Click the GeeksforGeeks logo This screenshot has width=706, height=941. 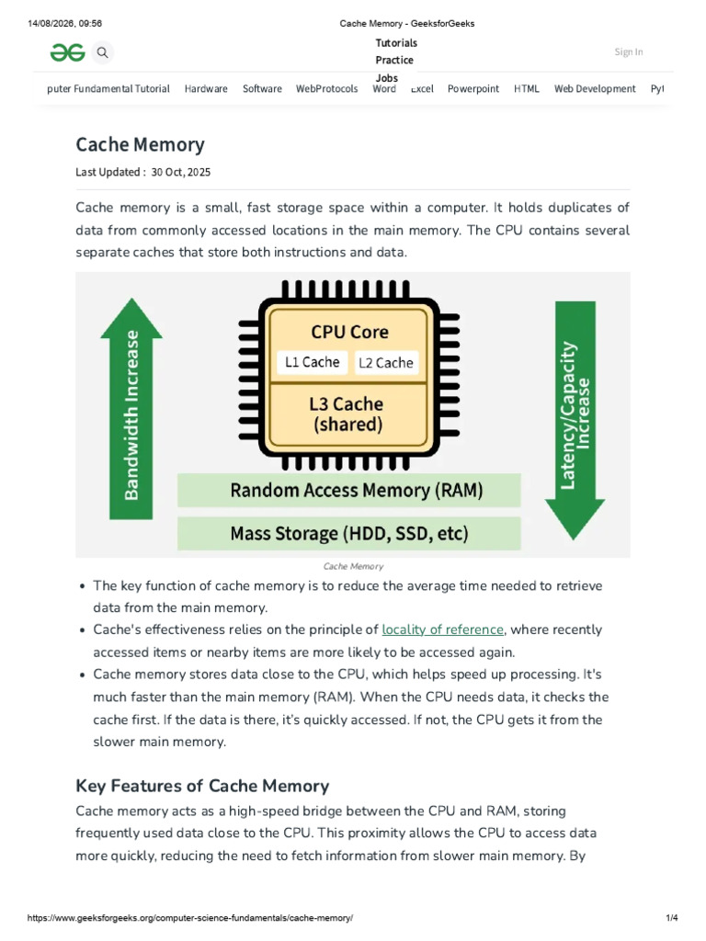point(67,52)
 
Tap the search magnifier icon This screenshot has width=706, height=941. point(103,52)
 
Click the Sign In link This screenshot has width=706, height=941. point(629,51)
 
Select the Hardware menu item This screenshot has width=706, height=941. point(206,89)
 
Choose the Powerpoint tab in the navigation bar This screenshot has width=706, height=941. point(473,89)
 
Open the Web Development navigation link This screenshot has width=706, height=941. point(595,89)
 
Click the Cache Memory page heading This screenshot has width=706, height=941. point(140,144)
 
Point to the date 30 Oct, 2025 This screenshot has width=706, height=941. point(181,172)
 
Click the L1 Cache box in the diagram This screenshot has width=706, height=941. point(313,362)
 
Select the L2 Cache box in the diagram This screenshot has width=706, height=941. point(386,363)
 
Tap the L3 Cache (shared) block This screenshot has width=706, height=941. point(347,414)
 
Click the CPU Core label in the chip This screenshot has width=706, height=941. point(349,332)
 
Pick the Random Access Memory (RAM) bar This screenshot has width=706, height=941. point(348,491)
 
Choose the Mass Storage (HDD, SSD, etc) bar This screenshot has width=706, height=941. point(348,534)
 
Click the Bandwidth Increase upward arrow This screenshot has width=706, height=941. point(131,409)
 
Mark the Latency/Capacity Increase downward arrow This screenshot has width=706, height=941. point(575,420)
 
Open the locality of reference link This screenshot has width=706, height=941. point(442,629)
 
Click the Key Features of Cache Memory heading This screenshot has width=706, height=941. point(202,787)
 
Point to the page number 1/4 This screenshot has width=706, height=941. point(672,918)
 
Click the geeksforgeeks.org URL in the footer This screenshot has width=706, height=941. point(190,918)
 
